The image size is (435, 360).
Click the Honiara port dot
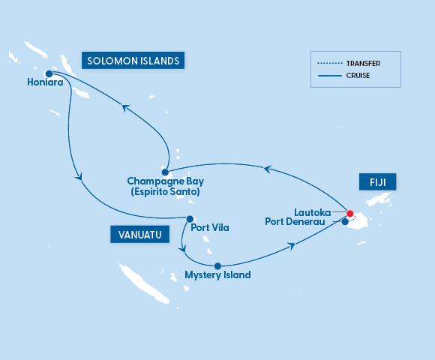pos(49,73)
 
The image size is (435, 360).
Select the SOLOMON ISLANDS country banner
pos(133,61)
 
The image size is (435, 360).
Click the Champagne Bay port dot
pos(165,172)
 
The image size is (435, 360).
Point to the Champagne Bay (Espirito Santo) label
pos(165,186)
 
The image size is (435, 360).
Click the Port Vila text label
pos(210,227)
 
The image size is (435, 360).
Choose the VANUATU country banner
pos(139,235)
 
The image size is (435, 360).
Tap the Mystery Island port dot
pos(217,265)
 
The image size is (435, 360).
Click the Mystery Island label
pos(217,275)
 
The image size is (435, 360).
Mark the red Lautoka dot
pos(350,212)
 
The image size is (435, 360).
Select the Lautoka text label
pos(318,212)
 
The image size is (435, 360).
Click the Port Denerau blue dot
pos(344,221)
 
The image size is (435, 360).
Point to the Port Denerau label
pos(301,221)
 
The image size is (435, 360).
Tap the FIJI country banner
pos(377,182)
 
